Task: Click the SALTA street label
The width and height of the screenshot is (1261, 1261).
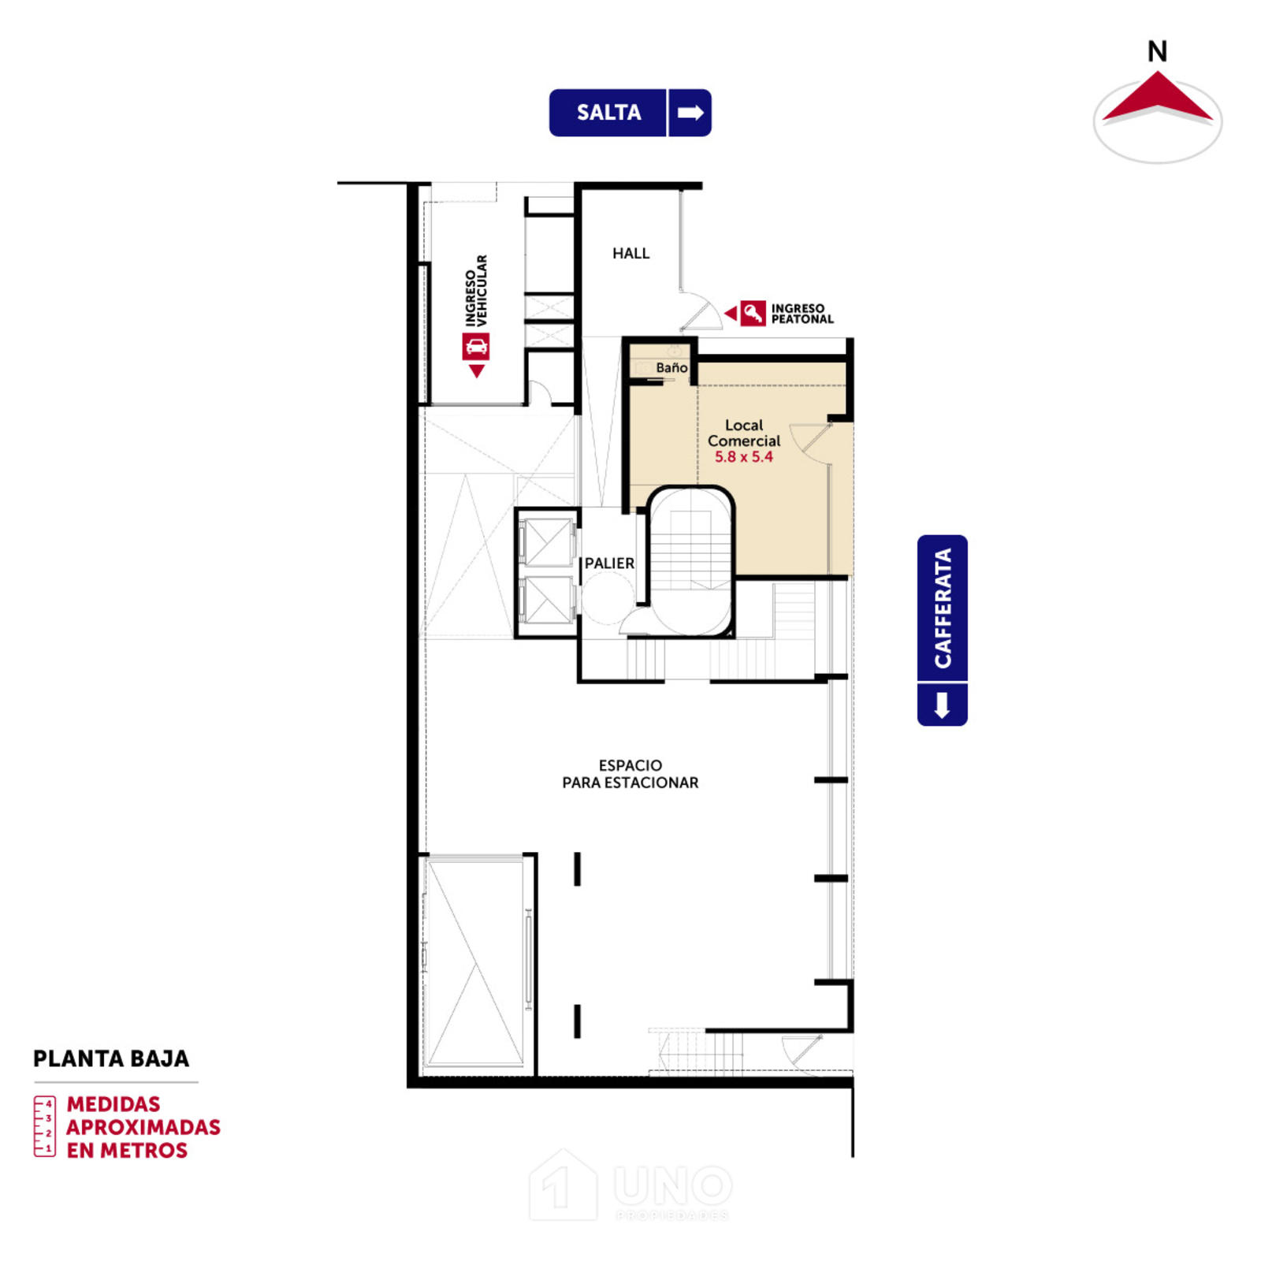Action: coord(608,113)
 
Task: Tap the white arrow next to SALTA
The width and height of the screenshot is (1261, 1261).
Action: coord(690,113)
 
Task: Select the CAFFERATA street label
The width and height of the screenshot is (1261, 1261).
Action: coord(943,608)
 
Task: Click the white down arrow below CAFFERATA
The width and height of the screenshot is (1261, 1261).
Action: coord(942,705)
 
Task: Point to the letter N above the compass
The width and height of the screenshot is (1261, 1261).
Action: coord(1157,52)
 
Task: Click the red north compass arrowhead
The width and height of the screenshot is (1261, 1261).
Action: coord(1157,98)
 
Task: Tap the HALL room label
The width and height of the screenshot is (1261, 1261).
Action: coord(630,253)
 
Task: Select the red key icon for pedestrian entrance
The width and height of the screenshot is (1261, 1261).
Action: coord(753,313)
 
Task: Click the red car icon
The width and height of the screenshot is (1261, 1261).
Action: coord(476,346)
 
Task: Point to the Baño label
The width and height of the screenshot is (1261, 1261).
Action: coord(671,367)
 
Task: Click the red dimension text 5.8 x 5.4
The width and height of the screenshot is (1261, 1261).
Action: coord(743,457)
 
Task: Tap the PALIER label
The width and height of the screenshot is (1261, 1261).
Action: coord(609,564)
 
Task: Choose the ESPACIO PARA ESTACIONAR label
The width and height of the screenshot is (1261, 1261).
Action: coord(630,774)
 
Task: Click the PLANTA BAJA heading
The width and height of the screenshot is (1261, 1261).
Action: coord(111,1058)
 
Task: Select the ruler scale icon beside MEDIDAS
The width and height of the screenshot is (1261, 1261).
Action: coord(45,1126)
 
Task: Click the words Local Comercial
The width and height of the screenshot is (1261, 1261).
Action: coord(743,433)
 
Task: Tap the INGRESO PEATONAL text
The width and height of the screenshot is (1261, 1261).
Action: coord(802,314)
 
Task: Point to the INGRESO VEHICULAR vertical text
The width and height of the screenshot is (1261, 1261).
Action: coord(476,290)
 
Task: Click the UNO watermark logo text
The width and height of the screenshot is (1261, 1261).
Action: coord(673,1186)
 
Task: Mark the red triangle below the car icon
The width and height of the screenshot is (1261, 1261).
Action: coord(476,370)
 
